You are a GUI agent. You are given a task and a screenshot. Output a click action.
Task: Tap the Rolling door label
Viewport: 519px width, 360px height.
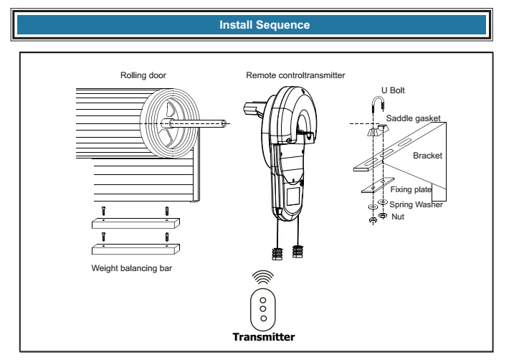point(143,74)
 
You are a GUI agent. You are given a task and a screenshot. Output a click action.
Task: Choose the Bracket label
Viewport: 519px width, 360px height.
point(429,154)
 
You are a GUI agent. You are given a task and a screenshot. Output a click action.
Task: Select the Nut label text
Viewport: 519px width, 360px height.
point(399,216)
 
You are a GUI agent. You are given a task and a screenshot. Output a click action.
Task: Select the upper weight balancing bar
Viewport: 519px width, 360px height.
point(135,224)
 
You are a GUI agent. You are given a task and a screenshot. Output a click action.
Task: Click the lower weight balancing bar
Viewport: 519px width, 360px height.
point(135,249)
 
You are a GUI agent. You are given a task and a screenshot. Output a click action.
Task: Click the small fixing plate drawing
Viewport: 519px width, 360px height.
point(376,186)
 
